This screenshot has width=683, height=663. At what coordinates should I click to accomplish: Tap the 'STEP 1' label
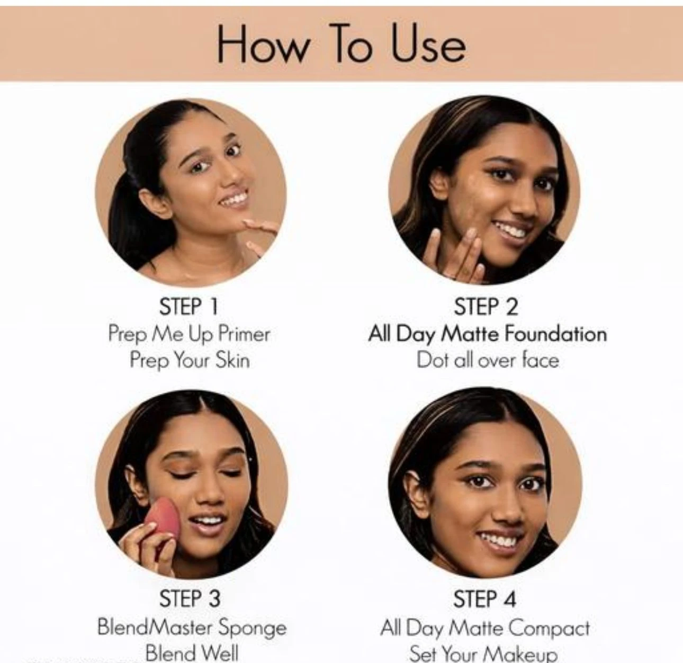189,306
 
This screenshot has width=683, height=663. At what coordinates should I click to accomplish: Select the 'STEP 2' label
486,306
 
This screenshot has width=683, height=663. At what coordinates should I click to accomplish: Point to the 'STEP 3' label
190,598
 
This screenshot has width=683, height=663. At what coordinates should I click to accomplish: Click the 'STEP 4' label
484,598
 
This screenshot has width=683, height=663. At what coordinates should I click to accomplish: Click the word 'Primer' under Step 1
244,334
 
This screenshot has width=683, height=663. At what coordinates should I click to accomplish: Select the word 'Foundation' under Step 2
555,334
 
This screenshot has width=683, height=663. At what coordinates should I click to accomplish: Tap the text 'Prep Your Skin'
190,360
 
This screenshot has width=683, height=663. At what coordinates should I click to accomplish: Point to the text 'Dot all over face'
488,360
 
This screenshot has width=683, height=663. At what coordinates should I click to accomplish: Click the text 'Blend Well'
192,653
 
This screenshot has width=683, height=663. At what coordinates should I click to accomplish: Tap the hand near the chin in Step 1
262,236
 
